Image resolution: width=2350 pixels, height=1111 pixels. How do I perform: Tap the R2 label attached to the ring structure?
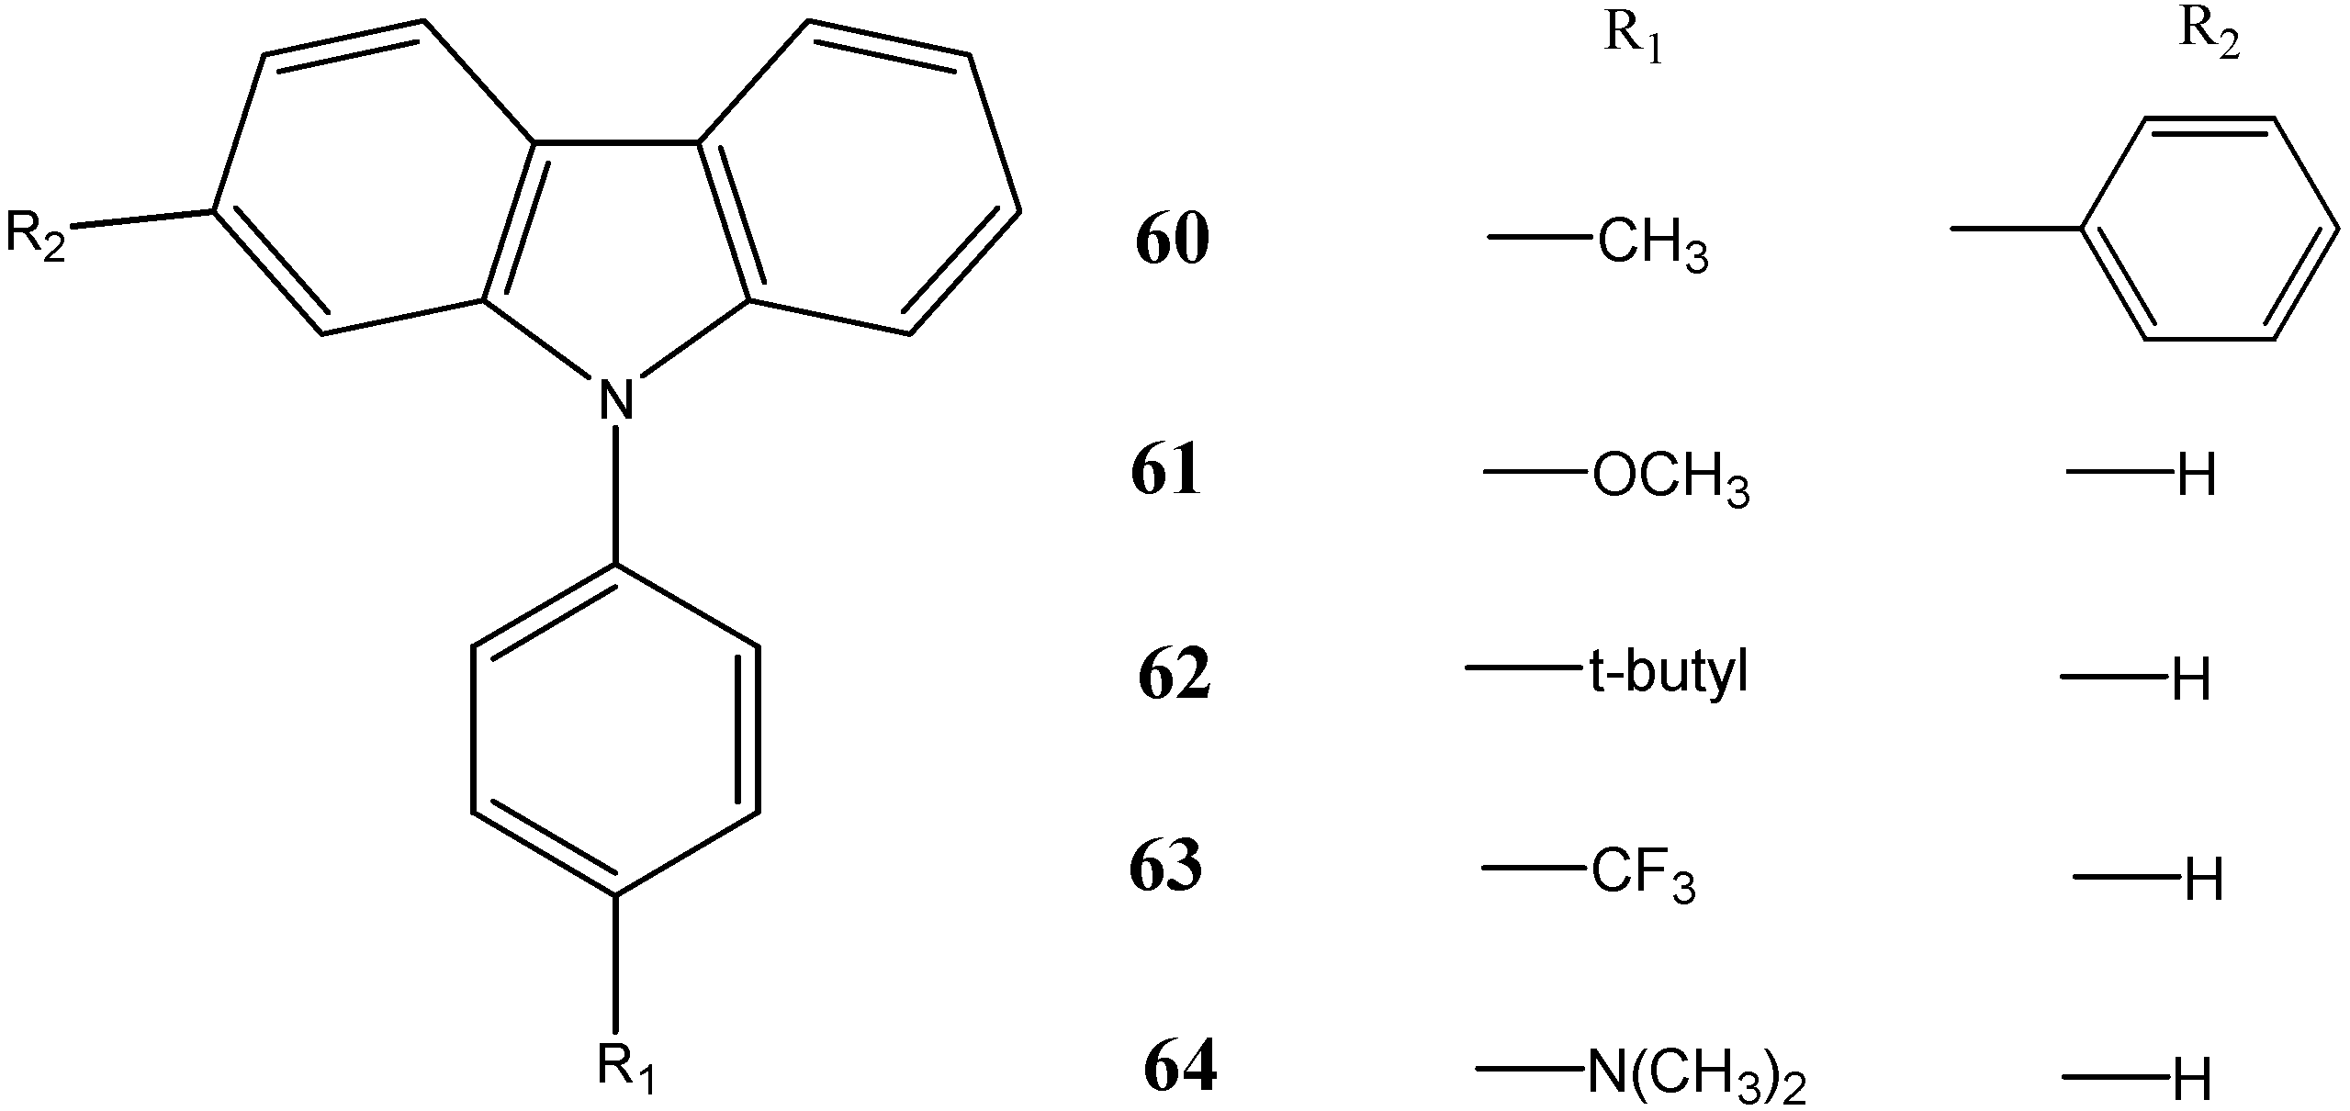pyautogui.click(x=36, y=236)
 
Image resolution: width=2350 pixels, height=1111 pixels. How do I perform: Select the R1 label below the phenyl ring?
pyautogui.click(x=626, y=1069)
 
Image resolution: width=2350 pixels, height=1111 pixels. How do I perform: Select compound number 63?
pyautogui.click(x=1165, y=867)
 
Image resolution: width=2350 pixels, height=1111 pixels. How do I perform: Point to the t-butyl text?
pyautogui.click(x=1668, y=675)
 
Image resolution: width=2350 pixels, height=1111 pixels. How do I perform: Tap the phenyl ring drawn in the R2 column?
pyautogui.click(x=2209, y=228)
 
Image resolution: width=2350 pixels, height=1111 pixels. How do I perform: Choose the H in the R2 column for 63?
pyautogui.click(x=2203, y=880)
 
